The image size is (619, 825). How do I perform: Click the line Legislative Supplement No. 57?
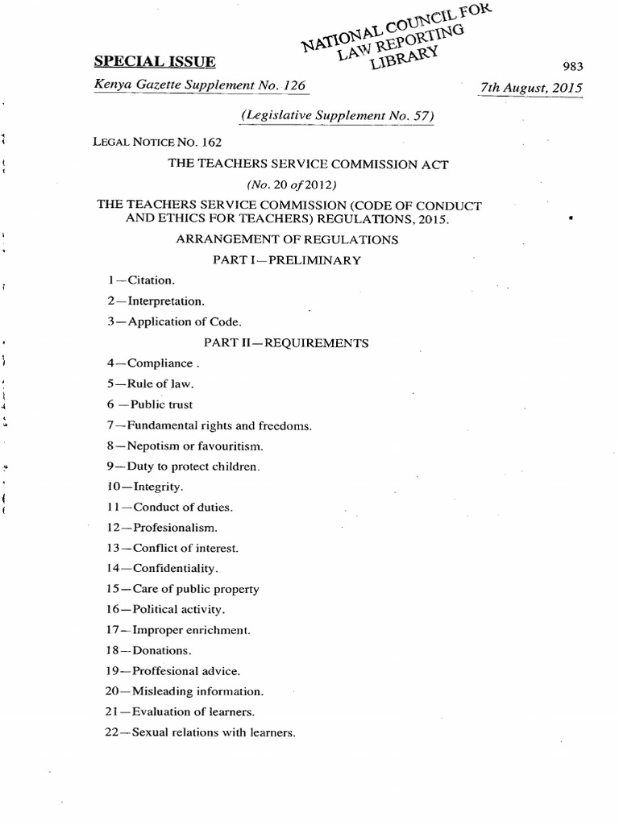(x=338, y=115)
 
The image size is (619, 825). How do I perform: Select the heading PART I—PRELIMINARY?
(x=286, y=260)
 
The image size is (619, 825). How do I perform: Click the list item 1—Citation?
(x=142, y=280)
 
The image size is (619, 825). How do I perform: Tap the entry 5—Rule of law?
(x=151, y=384)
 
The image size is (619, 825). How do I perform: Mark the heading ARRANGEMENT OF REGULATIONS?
(x=287, y=239)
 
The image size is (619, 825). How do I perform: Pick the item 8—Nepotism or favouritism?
(x=185, y=446)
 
